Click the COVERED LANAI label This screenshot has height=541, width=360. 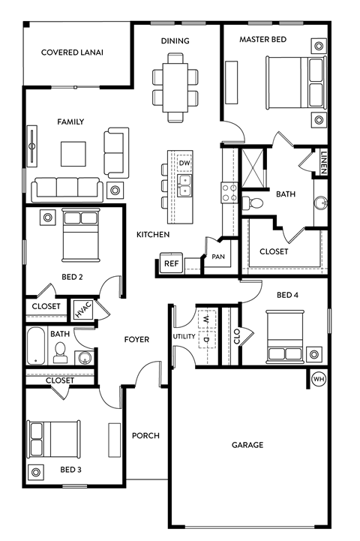[x=72, y=53]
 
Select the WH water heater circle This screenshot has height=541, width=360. [x=319, y=379]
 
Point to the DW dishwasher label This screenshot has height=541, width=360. [x=184, y=163]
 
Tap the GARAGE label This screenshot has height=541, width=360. [x=247, y=445]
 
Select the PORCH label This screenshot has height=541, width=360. [x=145, y=435]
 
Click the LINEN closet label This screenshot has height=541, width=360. [x=323, y=161]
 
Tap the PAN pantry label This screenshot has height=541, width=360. [x=218, y=257]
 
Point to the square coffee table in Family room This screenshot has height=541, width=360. [x=73, y=154]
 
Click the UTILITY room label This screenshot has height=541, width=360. [x=183, y=337]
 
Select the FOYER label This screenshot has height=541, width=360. [x=136, y=340]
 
